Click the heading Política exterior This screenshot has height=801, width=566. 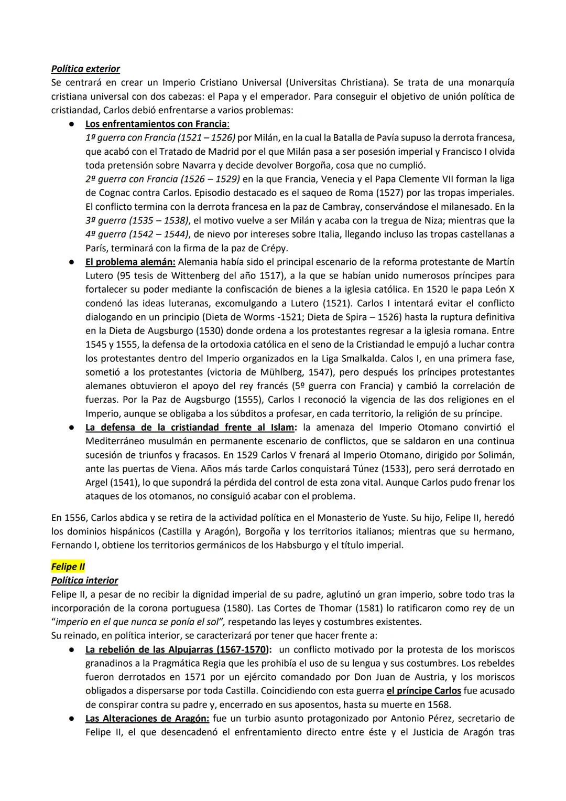(x=85, y=69)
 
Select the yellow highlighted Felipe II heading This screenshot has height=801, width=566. (x=68, y=567)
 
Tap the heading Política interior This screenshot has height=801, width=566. (x=84, y=580)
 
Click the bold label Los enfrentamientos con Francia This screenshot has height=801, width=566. (x=157, y=124)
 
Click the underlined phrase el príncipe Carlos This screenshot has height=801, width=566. (x=423, y=690)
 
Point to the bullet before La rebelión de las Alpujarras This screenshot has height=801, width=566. (x=69, y=649)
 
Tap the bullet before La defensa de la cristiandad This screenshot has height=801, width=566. (x=69, y=427)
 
